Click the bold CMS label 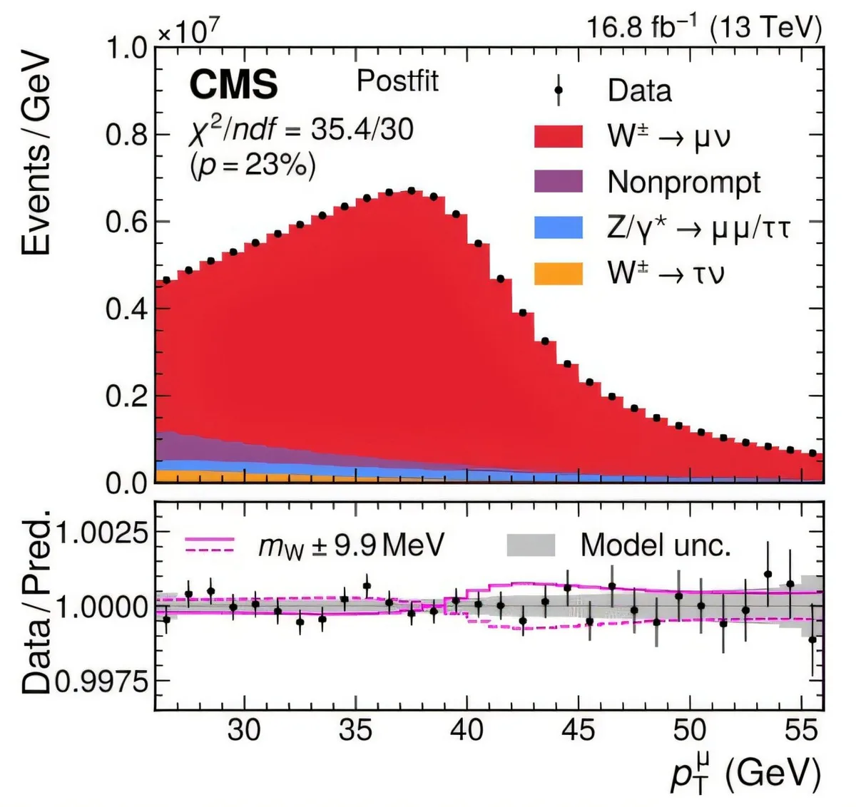coord(233,85)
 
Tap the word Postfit coord(397,81)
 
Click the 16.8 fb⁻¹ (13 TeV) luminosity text coord(703,28)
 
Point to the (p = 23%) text coord(253,165)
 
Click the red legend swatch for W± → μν coord(559,135)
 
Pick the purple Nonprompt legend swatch coord(559,181)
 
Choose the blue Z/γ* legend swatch coord(559,227)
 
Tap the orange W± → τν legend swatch coord(559,273)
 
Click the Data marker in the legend coord(559,91)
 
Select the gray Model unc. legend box coord(531,545)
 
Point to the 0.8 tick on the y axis coord(126,135)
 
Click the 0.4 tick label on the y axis coord(126,309)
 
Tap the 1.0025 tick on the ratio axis coord(103,533)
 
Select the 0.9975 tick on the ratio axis coord(103,682)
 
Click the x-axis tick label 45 coord(578,730)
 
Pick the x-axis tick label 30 coord(244,730)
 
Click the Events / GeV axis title coord(36,153)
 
